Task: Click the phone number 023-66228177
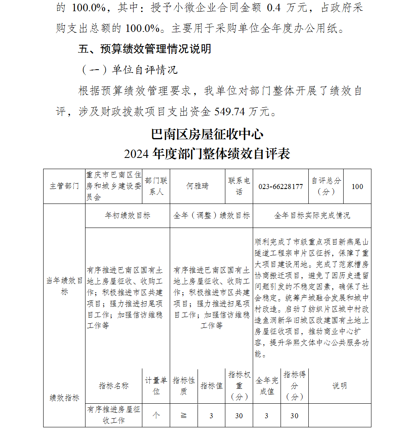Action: click(281, 187)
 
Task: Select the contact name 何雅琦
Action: click(197, 187)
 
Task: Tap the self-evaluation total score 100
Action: click(357, 187)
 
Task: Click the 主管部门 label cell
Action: click(64, 187)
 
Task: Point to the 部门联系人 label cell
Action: click(156, 187)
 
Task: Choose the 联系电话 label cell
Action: click(239, 187)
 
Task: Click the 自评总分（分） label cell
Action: click(326, 187)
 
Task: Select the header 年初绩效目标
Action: click(127, 216)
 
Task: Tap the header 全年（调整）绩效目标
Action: click(212, 216)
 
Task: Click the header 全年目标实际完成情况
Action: click(312, 216)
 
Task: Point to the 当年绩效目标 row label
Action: click(64, 286)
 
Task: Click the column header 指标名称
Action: click(114, 386)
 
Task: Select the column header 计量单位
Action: click(156, 386)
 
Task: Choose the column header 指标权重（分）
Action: click(239, 386)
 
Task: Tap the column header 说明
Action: click(339, 386)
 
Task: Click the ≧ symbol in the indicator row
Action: click(183, 416)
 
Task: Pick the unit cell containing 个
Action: click(156, 416)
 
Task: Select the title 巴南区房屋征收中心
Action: click(207, 134)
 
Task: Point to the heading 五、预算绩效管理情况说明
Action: click(145, 49)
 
